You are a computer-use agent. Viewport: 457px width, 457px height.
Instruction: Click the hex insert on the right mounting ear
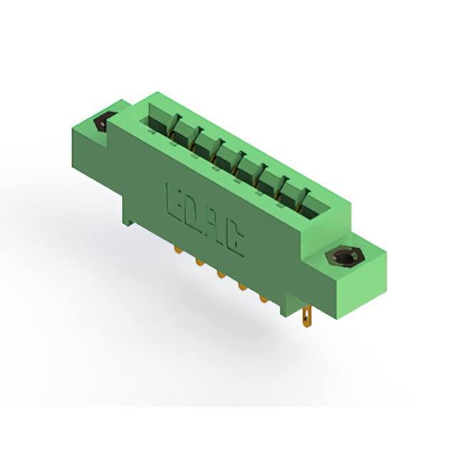point(342,256)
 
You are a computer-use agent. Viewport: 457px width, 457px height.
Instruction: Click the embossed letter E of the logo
point(173,201)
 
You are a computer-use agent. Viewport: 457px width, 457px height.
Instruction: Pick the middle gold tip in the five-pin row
point(221,274)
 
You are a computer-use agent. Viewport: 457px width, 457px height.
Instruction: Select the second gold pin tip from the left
point(200,262)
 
